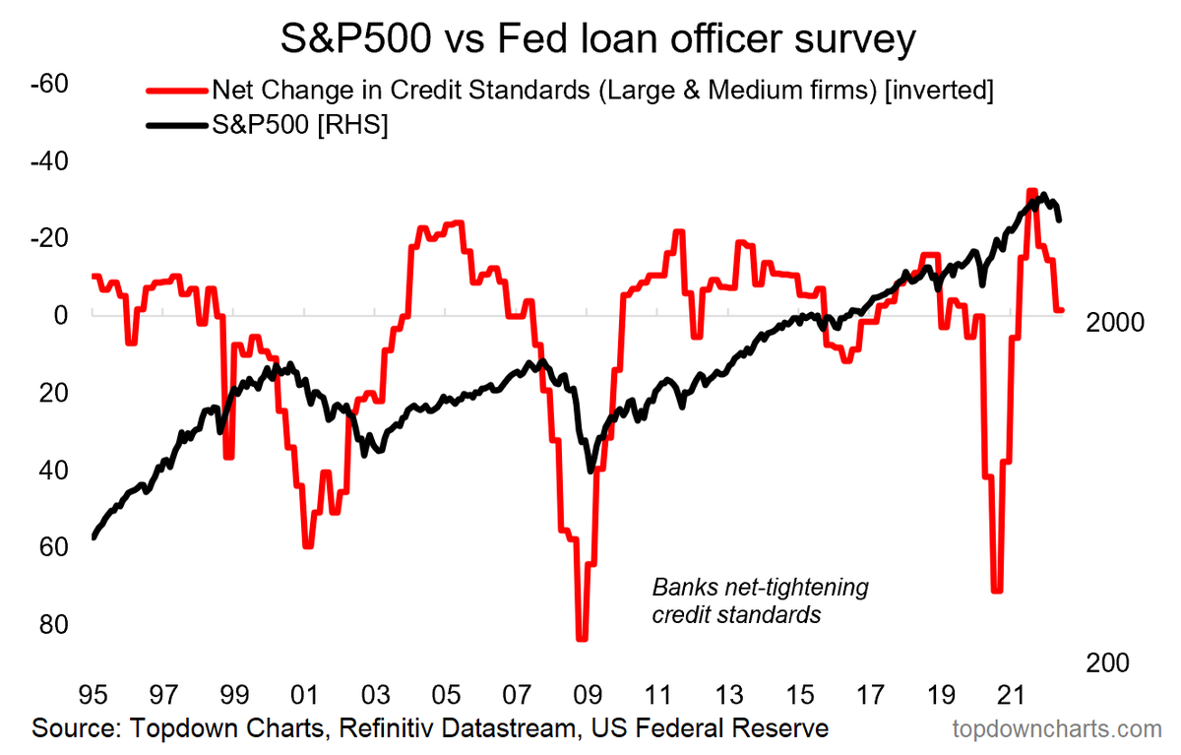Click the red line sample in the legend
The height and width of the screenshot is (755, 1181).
[x=177, y=92]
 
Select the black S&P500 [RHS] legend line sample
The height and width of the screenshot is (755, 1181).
[x=177, y=127]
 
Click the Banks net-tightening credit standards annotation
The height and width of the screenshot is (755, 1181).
[x=759, y=601]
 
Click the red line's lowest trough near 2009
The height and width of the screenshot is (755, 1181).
[x=582, y=639]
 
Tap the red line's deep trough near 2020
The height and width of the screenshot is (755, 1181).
[x=997, y=591]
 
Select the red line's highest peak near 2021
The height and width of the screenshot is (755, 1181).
[x=1030, y=191]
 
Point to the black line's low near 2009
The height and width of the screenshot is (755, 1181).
[x=590, y=471]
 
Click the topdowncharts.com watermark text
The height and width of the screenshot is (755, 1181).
[x=1057, y=729]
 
